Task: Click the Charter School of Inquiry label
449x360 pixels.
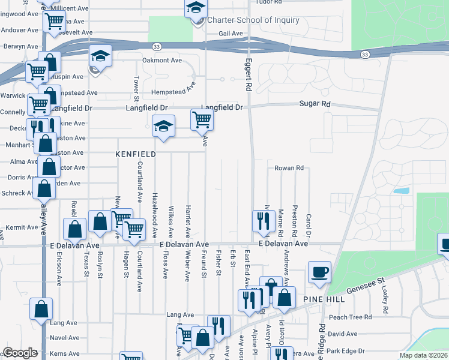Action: click(x=253, y=20)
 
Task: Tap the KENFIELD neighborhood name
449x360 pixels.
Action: click(x=136, y=154)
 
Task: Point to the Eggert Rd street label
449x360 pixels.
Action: click(x=247, y=74)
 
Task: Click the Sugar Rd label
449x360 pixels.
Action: click(x=315, y=104)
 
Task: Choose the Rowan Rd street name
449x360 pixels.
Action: click(x=289, y=168)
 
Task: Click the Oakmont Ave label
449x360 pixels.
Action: click(x=161, y=61)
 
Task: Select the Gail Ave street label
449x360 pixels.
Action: click(x=231, y=34)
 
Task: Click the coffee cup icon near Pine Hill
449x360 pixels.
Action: click(x=319, y=272)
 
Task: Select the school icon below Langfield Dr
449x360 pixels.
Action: click(x=163, y=126)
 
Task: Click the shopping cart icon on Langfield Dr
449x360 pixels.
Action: click(x=202, y=119)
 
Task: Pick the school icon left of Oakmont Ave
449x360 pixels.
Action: click(x=101, y=56)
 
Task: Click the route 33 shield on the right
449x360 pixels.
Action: click(x=364, y=55)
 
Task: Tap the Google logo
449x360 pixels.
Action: click(x=20, y=353)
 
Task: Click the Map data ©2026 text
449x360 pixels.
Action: click(x=423, y=355)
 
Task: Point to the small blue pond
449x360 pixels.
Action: click(x=402, y=191)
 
